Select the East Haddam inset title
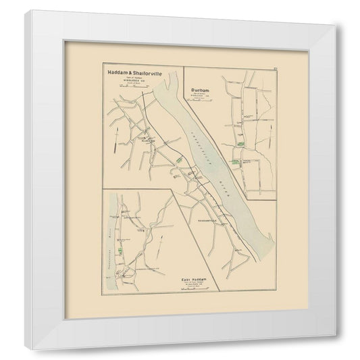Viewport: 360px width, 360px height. [x=197, y=278]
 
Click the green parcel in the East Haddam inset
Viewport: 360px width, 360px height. [x=119, y=251]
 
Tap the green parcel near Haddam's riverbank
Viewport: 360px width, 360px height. [x=179, y=158]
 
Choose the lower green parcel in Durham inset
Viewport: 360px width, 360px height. [x=236, y=162]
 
